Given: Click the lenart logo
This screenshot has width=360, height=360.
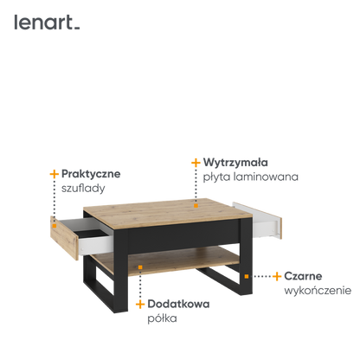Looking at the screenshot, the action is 47,22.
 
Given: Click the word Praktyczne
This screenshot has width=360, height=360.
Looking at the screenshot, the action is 91,174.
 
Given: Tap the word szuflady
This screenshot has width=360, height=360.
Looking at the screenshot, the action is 83,189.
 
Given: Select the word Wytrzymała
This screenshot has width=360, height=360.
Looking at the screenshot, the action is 235,163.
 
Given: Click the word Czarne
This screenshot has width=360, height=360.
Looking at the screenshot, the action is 303,276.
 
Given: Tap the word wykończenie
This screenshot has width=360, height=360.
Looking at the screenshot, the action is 318,291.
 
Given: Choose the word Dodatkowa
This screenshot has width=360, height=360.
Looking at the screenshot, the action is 178,304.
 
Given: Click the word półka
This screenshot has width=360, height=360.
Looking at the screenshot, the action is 162,318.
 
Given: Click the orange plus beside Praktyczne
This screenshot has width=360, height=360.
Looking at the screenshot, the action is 55,174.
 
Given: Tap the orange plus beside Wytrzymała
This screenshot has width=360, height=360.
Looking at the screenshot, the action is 196,163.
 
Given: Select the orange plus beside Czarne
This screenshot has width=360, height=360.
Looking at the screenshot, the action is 277,276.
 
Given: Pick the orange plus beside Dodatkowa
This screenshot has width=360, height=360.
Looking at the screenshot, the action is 140,304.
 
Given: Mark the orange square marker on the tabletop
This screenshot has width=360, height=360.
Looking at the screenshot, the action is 196,206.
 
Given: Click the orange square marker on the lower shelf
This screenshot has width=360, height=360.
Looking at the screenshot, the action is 140,267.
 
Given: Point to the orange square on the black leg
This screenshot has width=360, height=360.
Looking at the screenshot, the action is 247,276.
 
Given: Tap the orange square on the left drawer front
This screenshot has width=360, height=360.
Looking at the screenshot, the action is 55,226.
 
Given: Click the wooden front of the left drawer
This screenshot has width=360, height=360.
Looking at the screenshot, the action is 64,238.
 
